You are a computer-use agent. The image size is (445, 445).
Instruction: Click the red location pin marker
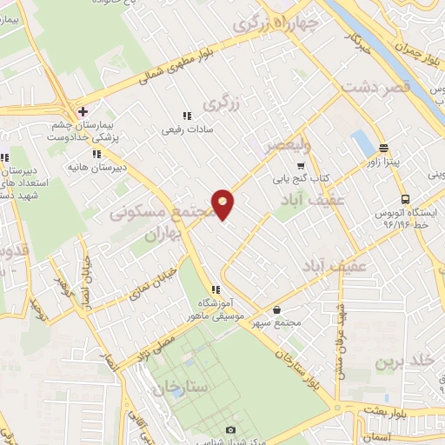click(222, 204)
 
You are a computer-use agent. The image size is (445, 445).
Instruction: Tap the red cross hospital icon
click(83, 111)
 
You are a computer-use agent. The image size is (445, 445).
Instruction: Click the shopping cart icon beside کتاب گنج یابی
click(301, 167)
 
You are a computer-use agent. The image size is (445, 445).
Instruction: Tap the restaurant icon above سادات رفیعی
click(186, 116)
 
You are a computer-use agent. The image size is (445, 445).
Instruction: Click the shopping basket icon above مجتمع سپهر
click(276, 309)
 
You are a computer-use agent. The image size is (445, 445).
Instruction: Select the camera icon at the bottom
click(230, 429)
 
